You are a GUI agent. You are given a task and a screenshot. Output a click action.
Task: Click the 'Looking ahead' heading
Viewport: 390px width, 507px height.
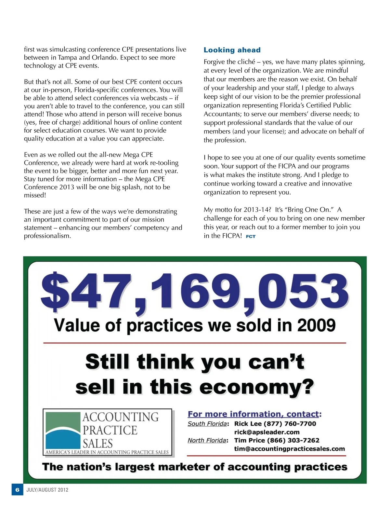pyautogui.click(x=232, y=50)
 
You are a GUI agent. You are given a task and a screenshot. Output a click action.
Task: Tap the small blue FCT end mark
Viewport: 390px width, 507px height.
pyautogui.click(x=251, y=237)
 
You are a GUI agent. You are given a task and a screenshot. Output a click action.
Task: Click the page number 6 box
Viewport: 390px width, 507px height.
pyautogui.click(x=18, y=490)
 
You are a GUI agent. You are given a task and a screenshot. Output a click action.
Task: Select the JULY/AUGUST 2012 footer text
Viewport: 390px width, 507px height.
pyautogui.click(x=47, y=490)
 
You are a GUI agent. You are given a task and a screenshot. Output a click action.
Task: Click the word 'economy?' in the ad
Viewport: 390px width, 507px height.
pyautogui.click(x=257, y=387)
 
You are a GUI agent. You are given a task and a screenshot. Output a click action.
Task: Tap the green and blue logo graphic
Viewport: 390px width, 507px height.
pyautogui.click(x=63, y=430)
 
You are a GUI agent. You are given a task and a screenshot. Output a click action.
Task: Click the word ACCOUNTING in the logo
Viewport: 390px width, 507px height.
pyautogui.click(x=121, y=417)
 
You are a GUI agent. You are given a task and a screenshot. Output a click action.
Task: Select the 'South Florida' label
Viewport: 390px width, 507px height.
pyautogui.click(x=207, y=424)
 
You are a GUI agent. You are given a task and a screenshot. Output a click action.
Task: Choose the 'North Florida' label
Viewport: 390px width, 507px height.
pyautogui.click(x=207, y=440)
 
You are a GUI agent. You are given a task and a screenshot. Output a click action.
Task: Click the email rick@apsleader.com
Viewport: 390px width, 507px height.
pyautogui.click(x=267, y=432)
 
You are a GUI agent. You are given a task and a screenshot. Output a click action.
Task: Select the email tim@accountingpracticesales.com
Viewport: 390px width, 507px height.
pyautogui.click(x=290, y=449)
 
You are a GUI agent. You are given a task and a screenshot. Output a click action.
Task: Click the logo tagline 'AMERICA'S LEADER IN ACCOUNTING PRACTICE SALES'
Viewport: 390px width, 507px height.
pyautogui.click(x=107, y=452)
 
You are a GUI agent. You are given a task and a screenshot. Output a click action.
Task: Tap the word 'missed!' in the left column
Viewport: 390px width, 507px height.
pyautogui.click(x=35, y=195)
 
